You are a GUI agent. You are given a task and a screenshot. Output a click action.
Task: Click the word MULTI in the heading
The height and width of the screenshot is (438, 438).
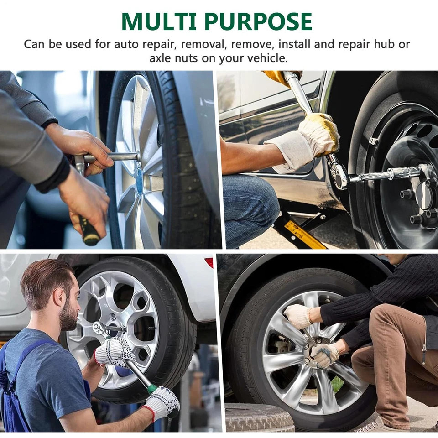[x=159, y=21]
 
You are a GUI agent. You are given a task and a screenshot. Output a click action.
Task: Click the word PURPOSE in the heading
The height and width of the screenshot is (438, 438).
[x=258, y=21]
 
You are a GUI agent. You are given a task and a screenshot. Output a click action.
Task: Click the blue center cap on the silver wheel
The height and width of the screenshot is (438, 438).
[x=139, y=182]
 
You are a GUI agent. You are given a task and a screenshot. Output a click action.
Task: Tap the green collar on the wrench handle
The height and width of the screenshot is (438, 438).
[x=152, y=389]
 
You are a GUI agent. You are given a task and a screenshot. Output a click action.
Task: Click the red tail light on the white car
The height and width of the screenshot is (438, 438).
[x=209, y=263]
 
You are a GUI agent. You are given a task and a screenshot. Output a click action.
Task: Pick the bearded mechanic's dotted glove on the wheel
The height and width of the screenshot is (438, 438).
[x=114, y=352]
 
